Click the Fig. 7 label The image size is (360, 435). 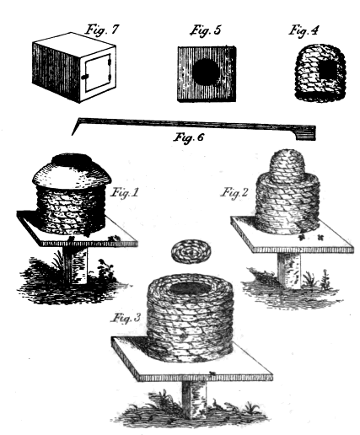click(x=102, y=30)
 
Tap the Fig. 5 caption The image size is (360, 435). click(x=206, y=30)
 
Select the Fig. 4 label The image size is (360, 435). click(x=304, y=30)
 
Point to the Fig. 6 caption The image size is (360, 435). click(x=188, y=137)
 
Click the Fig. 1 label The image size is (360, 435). click(x=125, y=193)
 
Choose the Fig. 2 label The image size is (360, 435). click(x=234, y=193)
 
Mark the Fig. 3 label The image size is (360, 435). click(x=126, y=318)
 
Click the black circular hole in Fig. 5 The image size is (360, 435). click(x=207, y=72)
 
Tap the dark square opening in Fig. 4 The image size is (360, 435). click(x=327, y=70)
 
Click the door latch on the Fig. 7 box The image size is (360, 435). click(x=84, y=77)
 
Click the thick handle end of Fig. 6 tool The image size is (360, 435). click(x=305, y=133)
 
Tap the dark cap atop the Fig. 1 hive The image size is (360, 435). click(x=72, y=160)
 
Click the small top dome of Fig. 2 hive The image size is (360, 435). click(x=287, y=162)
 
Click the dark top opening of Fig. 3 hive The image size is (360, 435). click(x=191, y=288)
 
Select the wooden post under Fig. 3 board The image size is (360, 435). click(x=195, y=399)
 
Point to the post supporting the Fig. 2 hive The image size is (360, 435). click(x=289, y=271)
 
